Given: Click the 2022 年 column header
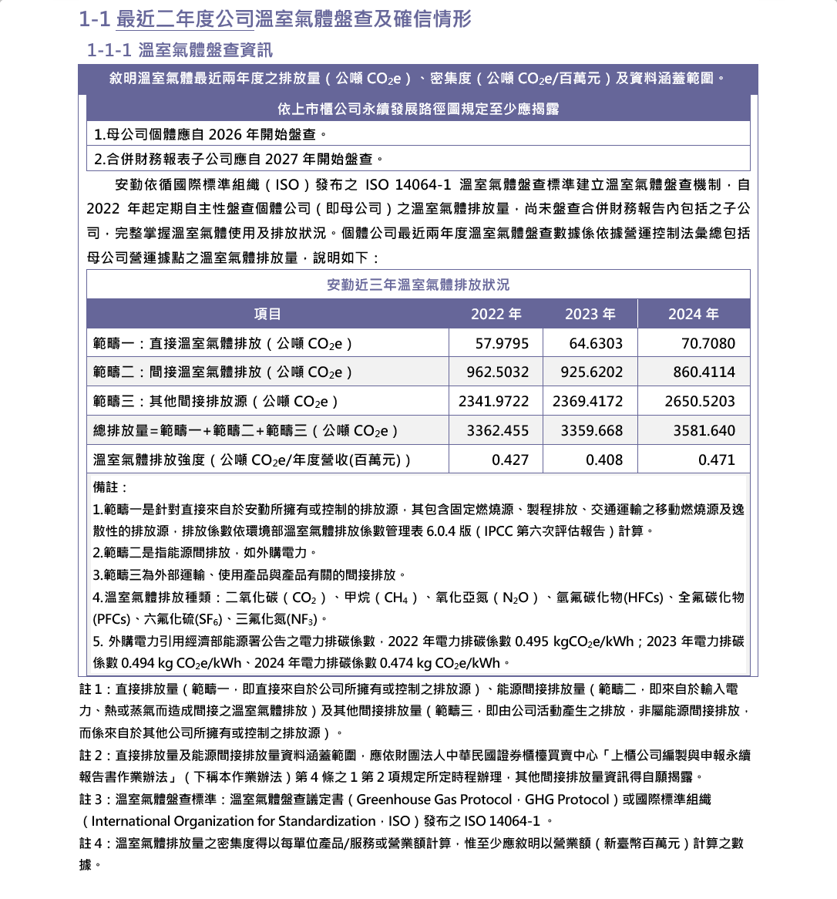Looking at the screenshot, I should [x=496, y=314].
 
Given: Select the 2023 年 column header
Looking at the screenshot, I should [x=590, y=314].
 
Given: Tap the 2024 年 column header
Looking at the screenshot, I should [x=694, y=314].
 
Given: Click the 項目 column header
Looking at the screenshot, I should [x=267, y=314].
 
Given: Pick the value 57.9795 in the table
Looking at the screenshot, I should [x=502, y=343].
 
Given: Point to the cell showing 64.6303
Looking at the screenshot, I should [x=596, y=343].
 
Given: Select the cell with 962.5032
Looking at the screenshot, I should [x=498, y=372].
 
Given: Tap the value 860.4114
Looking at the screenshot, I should [x=704, y=372].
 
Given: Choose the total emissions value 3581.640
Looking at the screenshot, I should [x=704, y=430].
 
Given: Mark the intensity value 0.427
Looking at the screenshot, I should [x=510, y=460].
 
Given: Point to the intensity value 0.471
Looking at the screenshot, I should [x=717, y=460].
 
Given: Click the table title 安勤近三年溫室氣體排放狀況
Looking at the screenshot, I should [x=418, y=285].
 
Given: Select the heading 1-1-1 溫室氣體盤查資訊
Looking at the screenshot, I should [x=180, y=50].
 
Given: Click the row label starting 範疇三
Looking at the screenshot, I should [x=216, y=401].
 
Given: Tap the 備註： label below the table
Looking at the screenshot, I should [x=110, y=487].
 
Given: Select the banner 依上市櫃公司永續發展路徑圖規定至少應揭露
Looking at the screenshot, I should [x=418, y=109].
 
